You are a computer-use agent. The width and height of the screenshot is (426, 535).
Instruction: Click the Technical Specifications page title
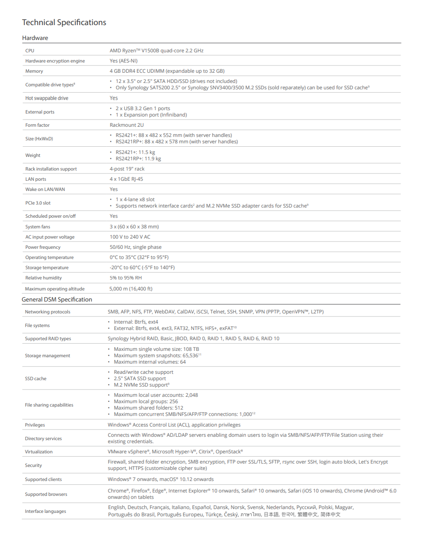coord(64,23)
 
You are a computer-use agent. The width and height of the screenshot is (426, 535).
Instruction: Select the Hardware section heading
coord(35,38)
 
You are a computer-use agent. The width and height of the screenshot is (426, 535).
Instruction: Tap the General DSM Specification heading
coord(57,299)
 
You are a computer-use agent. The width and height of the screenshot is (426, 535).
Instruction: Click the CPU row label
coord(30,51)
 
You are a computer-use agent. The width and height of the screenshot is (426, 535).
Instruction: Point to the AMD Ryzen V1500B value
coord(156,51)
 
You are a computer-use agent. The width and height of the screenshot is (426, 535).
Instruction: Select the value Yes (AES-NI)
coord(124,61)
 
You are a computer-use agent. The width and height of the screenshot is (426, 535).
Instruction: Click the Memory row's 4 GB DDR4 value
coord(167,71)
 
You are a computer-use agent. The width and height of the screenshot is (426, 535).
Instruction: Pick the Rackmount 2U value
coord(127,125)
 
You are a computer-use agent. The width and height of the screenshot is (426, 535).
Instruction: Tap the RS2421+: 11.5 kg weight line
coord(135,152)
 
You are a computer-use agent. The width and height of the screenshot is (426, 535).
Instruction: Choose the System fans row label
coord(37,227)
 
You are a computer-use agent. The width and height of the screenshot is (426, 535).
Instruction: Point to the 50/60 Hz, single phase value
coord(135,247)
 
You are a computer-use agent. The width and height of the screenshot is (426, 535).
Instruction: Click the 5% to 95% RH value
coord(126,278)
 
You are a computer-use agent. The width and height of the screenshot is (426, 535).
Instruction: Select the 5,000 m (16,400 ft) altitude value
coord(131,289)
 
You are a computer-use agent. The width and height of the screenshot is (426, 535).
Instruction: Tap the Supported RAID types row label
coord(48,339)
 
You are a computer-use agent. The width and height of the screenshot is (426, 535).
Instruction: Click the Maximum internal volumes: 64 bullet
coord(150,362)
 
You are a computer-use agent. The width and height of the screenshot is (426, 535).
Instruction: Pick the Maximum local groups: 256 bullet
coord(146,401)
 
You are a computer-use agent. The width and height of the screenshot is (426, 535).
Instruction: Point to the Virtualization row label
coord(39,452)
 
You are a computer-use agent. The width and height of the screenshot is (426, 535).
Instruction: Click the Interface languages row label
coord(45,511)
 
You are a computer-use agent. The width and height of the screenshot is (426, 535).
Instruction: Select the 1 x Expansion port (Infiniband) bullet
coord(151,115)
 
